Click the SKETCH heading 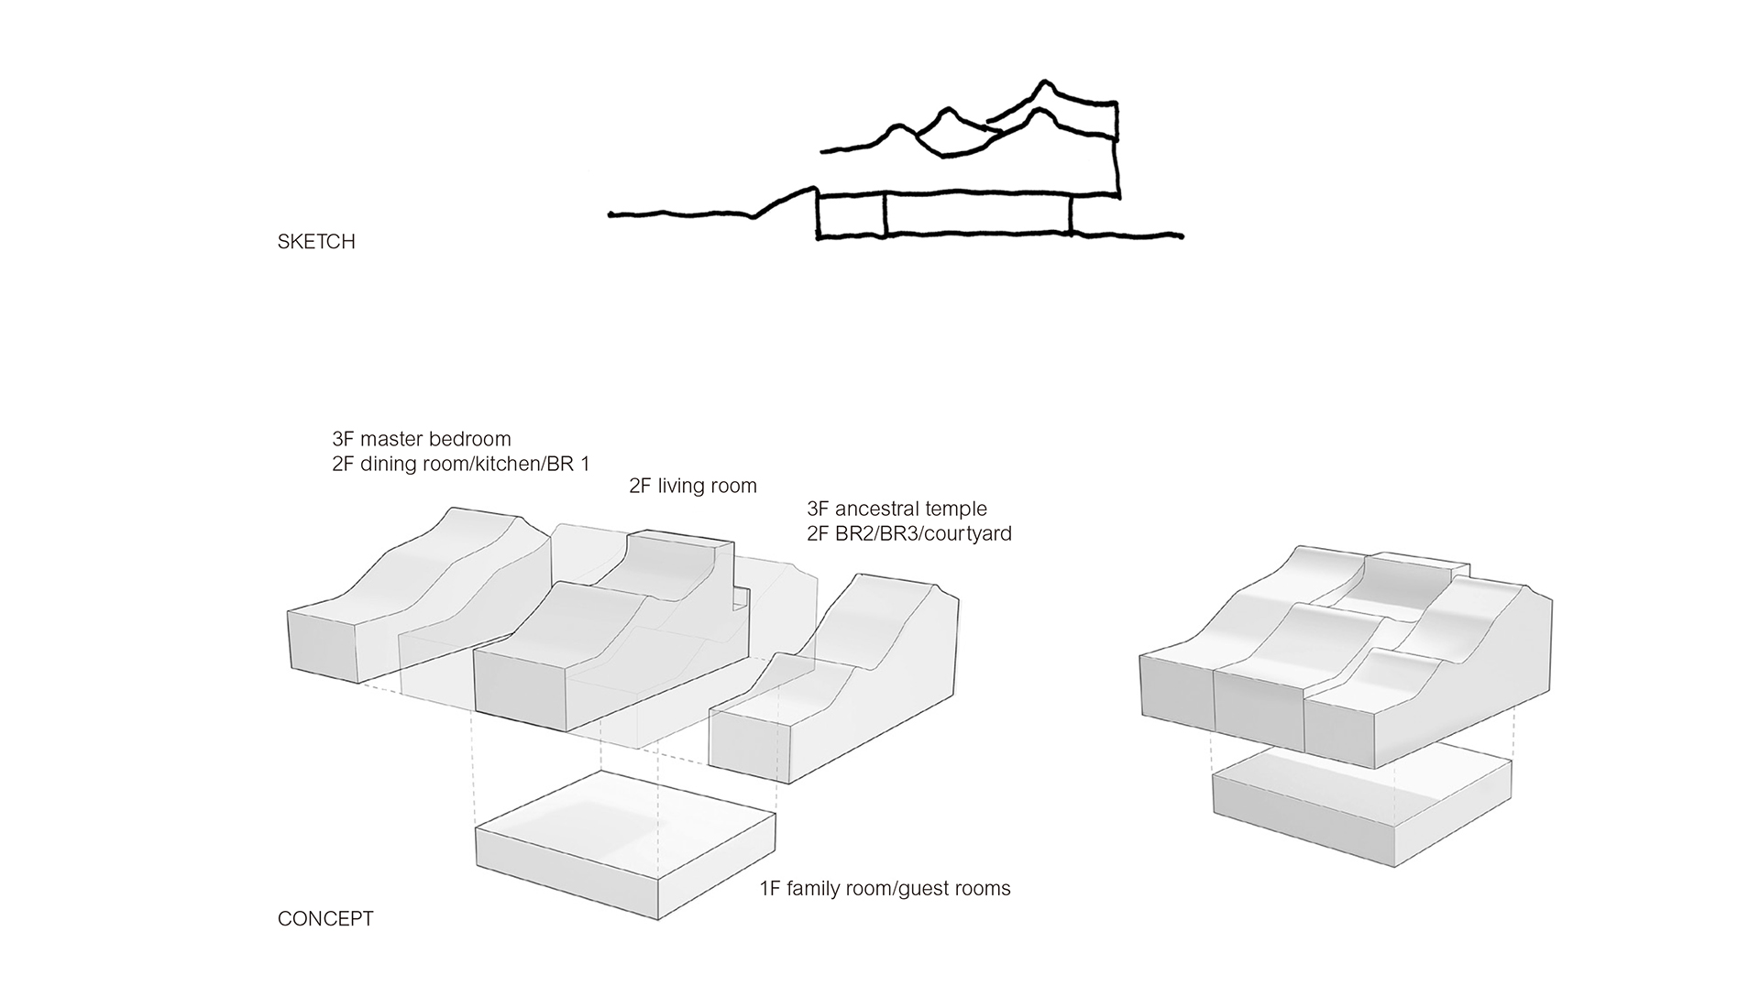coord(316,242)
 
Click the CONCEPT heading coord(325,919)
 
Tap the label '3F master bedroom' coord(422,439)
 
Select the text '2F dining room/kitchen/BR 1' coord(460,464)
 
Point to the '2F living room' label coord(693,486)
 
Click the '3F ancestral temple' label coord(896,509)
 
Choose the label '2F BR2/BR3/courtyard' coord(909,533)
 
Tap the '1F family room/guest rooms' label coord(885,888)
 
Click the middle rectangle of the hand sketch coord(977,216)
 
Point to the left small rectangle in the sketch coord(852,216)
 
